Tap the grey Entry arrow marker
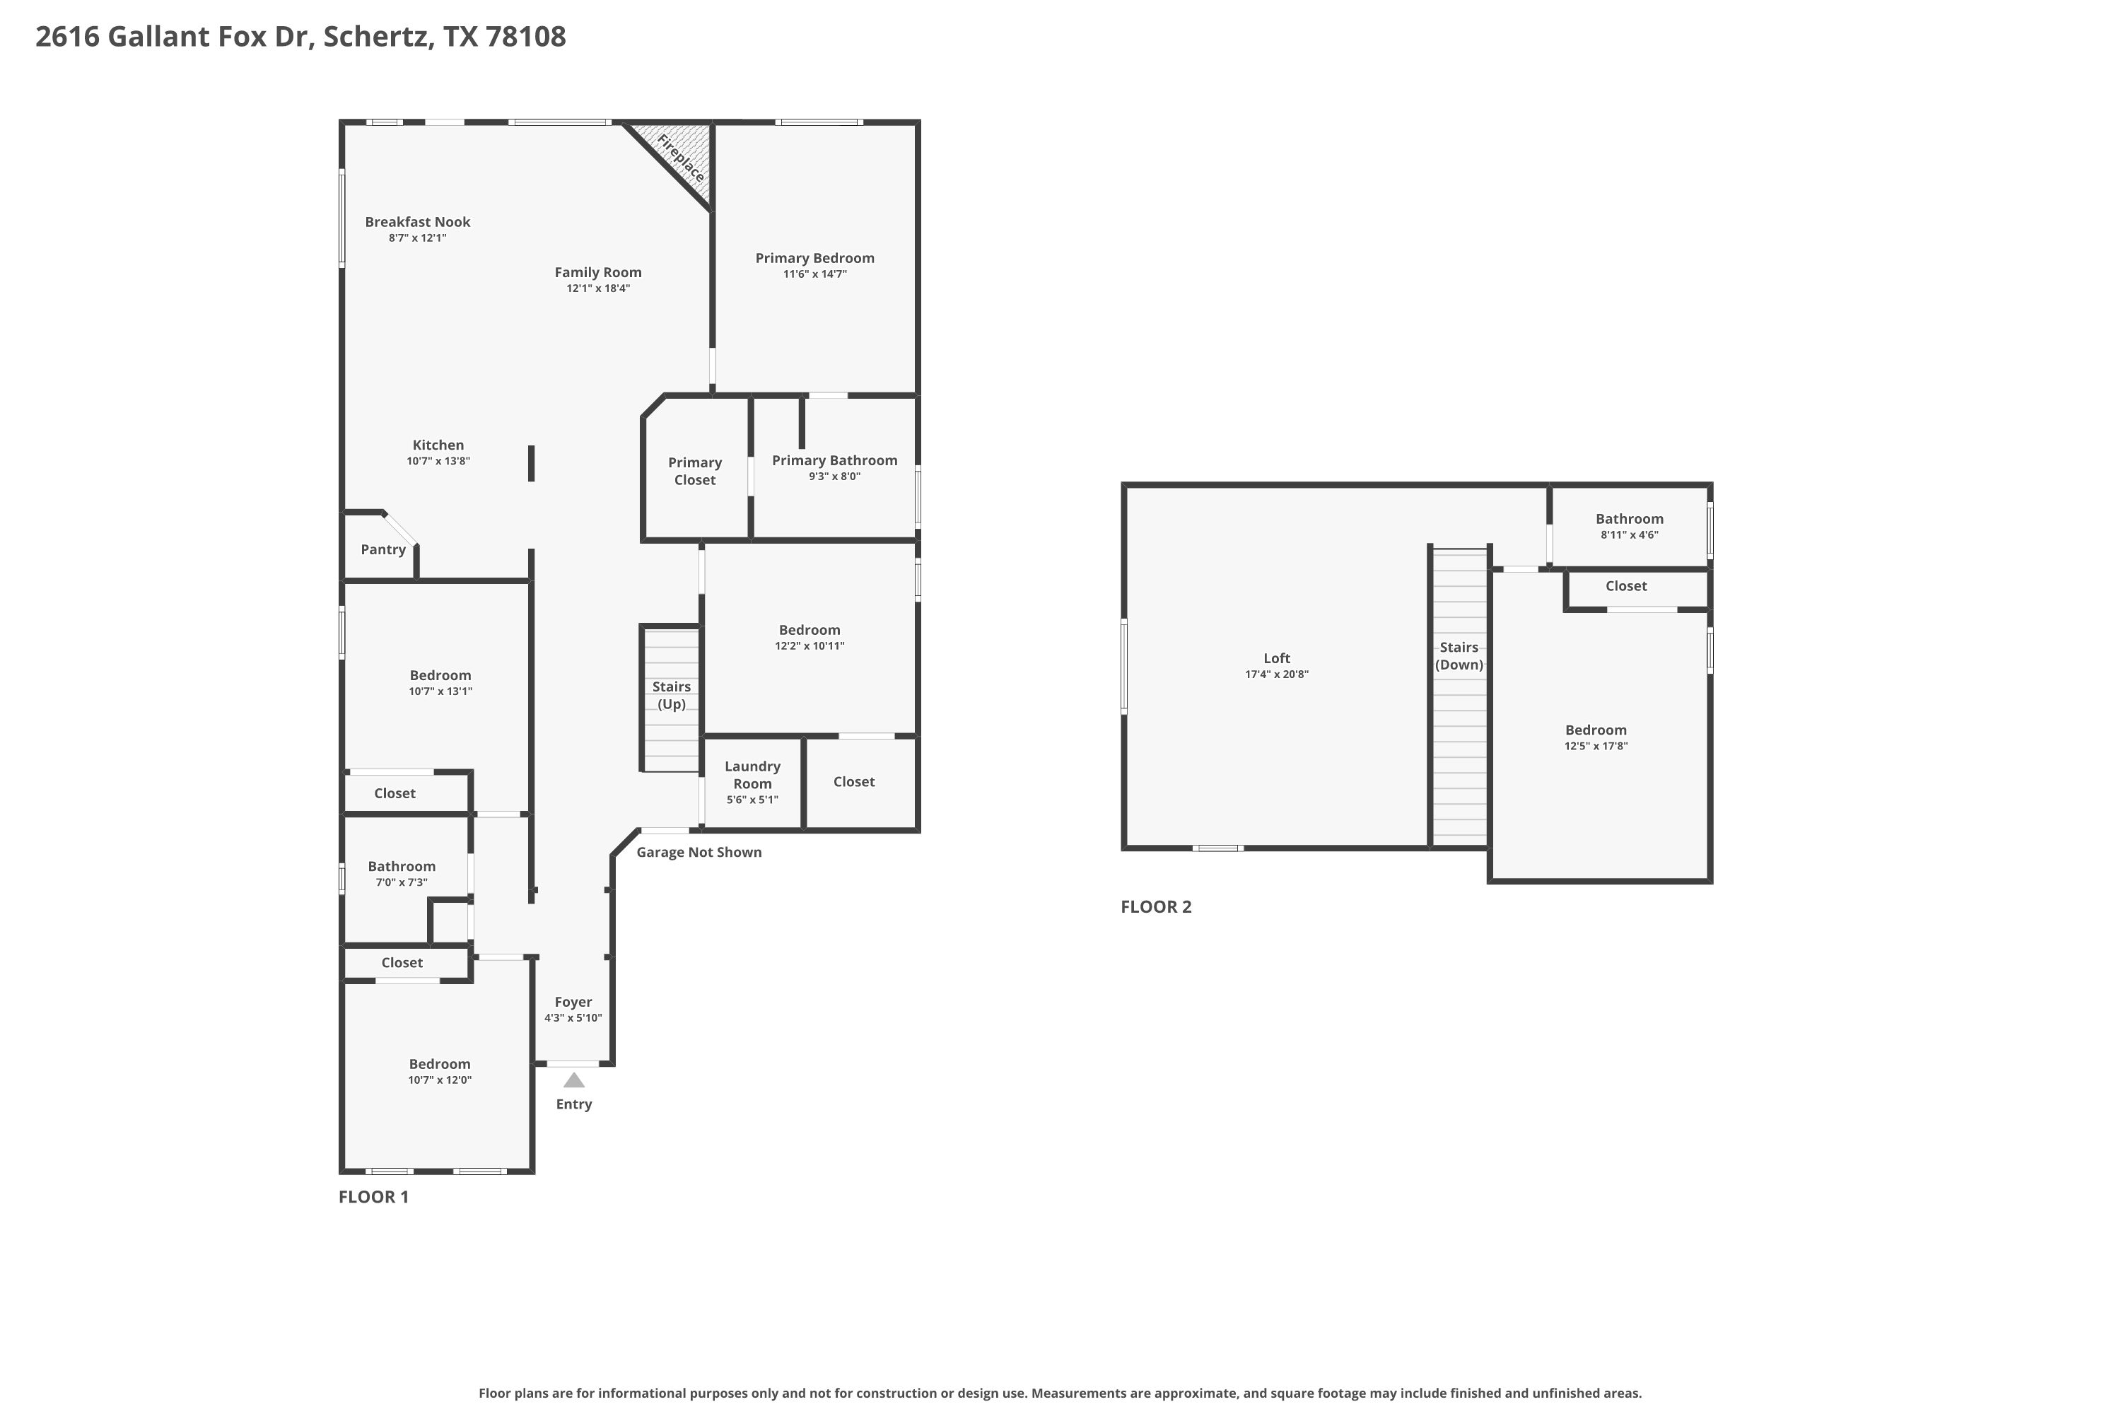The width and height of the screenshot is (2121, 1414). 573,1080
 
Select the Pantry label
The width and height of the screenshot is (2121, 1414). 383,550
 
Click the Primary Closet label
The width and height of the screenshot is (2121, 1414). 694,472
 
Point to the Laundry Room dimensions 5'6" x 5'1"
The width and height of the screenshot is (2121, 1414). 752,800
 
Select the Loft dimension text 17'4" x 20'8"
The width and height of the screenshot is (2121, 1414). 1277,674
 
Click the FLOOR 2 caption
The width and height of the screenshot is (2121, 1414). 1156,907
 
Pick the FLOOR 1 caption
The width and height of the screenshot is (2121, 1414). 373,1197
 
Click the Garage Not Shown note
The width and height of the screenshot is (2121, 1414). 699,852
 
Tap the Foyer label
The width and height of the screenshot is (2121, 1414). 573,1002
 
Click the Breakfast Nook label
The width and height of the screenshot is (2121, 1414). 418,222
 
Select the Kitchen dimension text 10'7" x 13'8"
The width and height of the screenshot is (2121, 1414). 438,462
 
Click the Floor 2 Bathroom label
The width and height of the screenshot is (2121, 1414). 1630,518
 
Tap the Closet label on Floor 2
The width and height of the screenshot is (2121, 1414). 1626,586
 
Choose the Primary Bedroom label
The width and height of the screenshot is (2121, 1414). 814,259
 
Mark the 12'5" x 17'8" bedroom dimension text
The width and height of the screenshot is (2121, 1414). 1596,747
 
